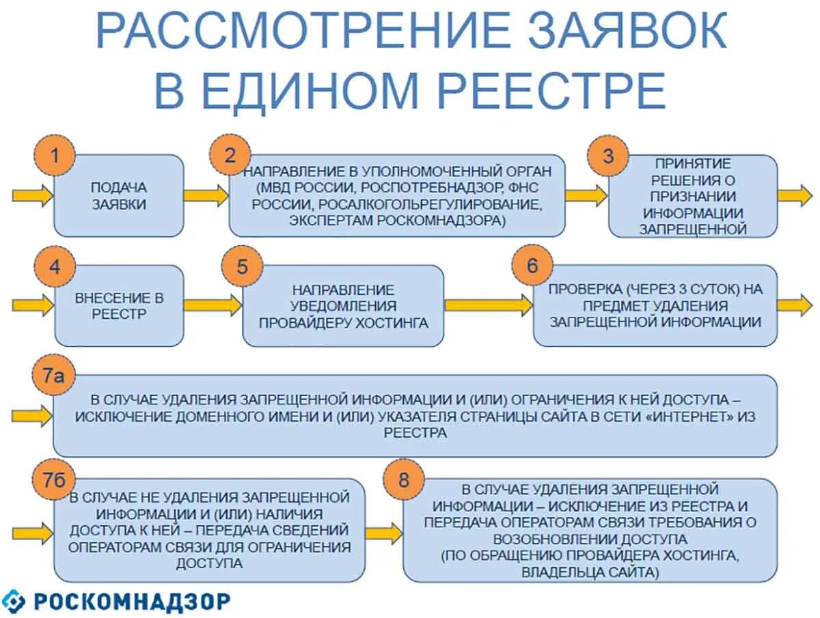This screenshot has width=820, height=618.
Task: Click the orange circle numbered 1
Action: pyautogui.click(x=55, y=156)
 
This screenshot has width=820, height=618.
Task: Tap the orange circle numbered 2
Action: pyautogui.click(x=230, y=156)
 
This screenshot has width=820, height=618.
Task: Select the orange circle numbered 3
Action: pyautogui.click(x=607, y=156)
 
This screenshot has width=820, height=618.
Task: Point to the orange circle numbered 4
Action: pyautogui.click(x=55, y=266)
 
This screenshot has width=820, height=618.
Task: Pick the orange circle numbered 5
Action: pyautogui.click(x=243, y=266)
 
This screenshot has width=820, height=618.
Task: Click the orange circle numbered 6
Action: pyautogui.click(x=532, y=266)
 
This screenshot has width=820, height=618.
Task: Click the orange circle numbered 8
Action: pyautogui.click(x=404, y=480)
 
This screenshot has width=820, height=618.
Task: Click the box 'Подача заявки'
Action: pyautogui.click(x=119, y=196)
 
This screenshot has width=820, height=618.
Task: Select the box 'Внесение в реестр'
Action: pyautogui.click(x=119, y=305)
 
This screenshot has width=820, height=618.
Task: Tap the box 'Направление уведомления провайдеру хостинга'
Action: pyautogui.click(x=343, y=306)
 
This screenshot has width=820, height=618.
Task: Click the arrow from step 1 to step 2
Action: pyautogui.click(x=206, y=195)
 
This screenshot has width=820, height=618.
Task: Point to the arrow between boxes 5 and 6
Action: pyautogui.click(x=488, y=305)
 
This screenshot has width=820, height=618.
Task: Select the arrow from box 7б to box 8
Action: pyautogui.click(x=383, y=532)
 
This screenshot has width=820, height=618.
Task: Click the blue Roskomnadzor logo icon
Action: pyautogui.click(x=14, y=602)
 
